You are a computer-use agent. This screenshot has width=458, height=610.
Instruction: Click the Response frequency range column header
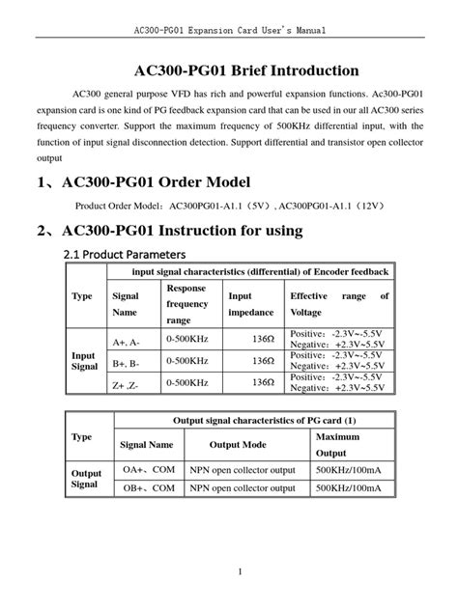(187, 304)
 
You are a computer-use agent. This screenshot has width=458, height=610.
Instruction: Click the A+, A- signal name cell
(127, 342)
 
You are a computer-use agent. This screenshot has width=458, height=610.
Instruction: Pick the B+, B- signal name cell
(127, 362)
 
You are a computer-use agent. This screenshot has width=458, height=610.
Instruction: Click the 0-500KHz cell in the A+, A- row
(187, 342)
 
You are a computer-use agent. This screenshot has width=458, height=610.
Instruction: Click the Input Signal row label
(85, 362)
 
